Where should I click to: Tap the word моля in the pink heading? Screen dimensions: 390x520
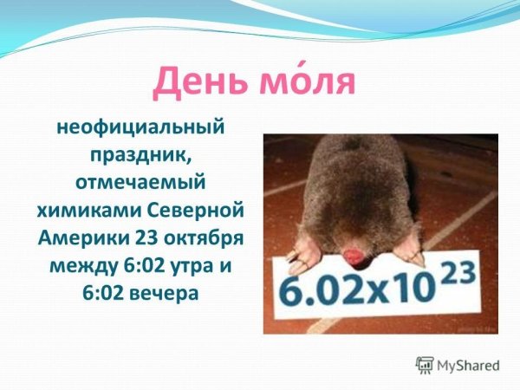tap(308, 81)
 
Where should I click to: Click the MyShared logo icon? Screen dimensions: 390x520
tap(425, 365)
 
